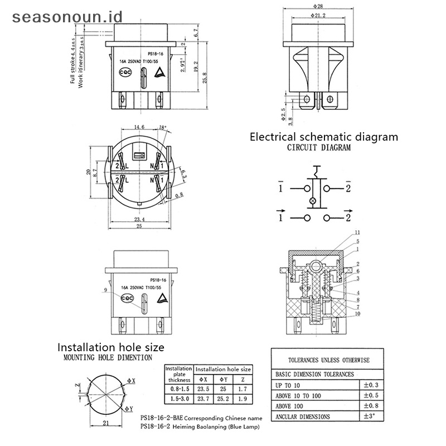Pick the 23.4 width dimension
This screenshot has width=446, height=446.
pos(140,220)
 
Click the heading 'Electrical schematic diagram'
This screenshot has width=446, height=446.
pos(323,137)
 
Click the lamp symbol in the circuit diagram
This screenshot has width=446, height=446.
pos(312,200)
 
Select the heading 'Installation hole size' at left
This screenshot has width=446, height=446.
pos(111,347)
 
